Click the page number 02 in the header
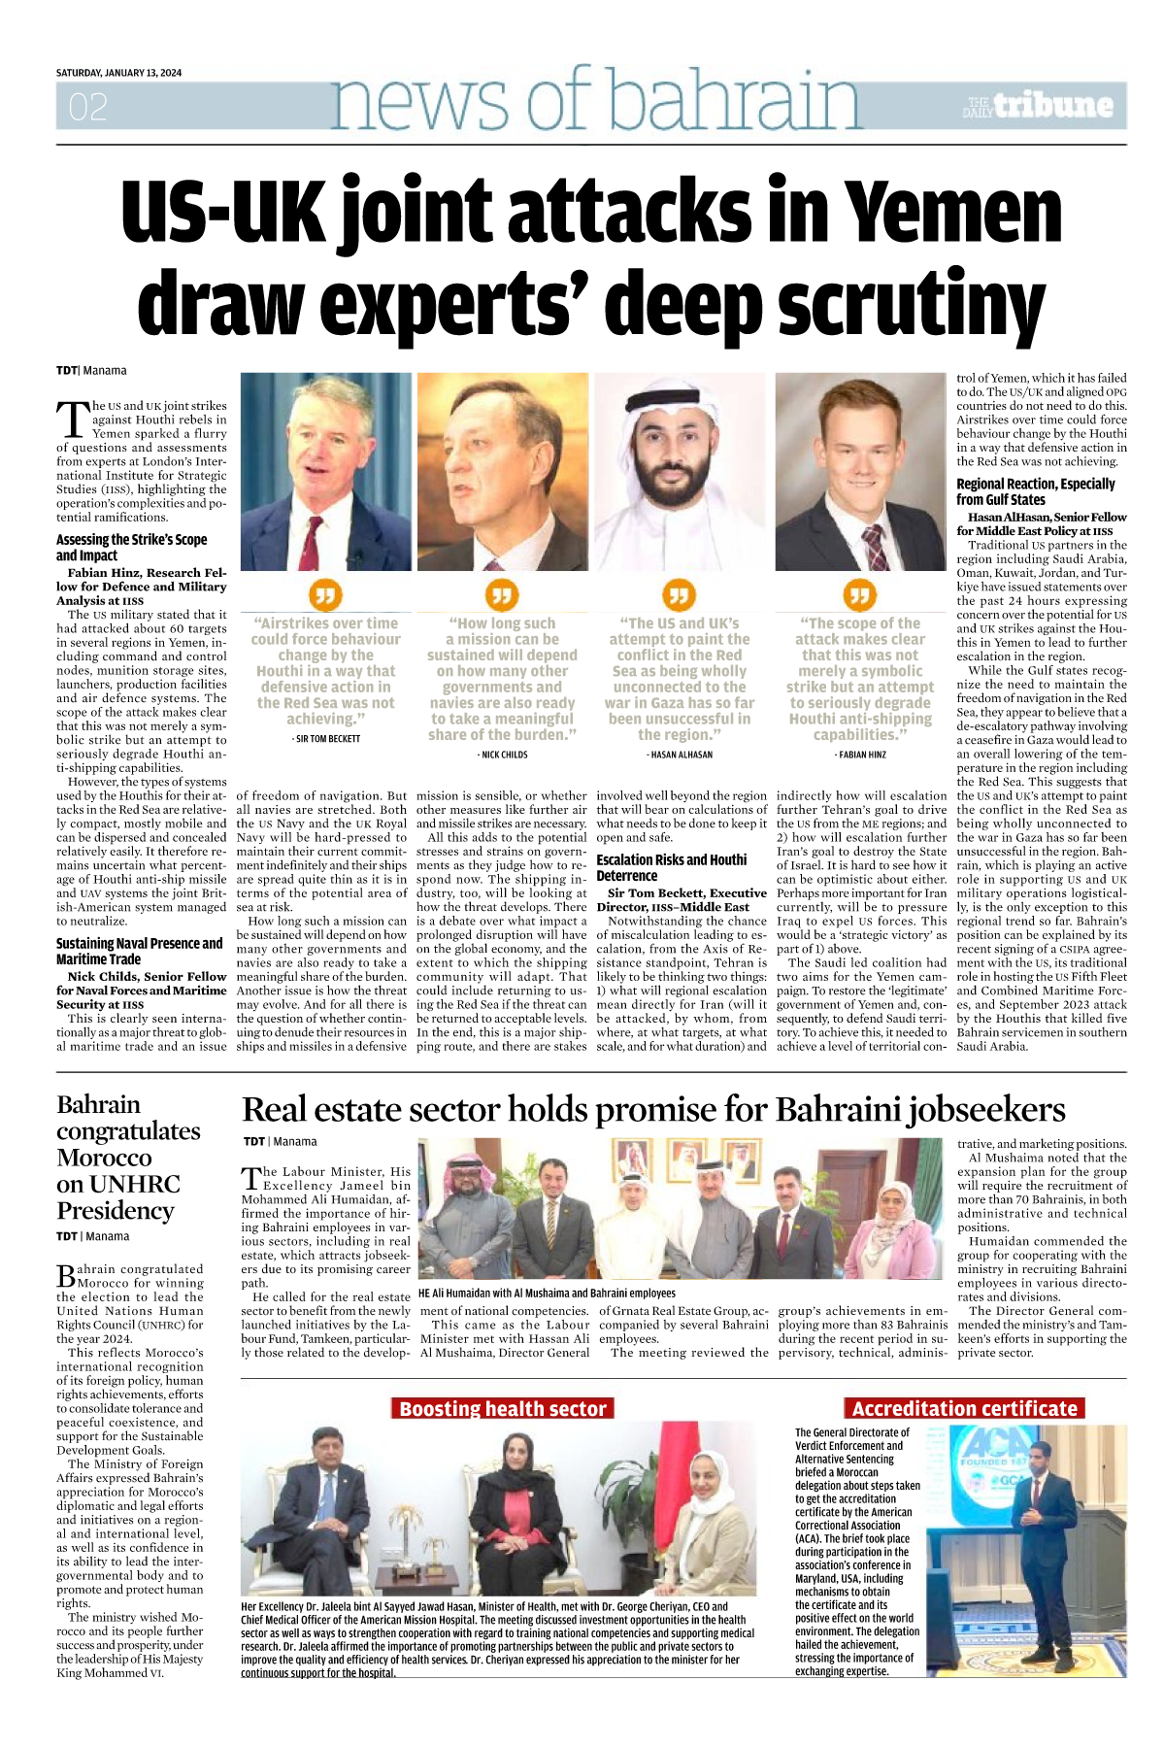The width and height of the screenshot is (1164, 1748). [x=87, y=107]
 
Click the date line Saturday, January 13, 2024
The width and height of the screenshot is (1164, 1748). [x=118, y=73]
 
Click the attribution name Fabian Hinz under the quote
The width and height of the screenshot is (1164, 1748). [x=861, y=755]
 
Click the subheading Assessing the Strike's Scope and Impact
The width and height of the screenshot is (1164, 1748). [x=131, y=548]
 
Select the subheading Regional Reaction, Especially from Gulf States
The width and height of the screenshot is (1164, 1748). [x=1035, y=491]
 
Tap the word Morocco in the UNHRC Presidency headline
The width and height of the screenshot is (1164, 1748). [x=104, y=1158]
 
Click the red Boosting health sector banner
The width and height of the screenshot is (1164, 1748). [x=502, y=1408]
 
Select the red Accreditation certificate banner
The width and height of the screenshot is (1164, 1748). [x=964, y=1408]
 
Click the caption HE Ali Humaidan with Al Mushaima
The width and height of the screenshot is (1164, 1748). [x=547, y=1293]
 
